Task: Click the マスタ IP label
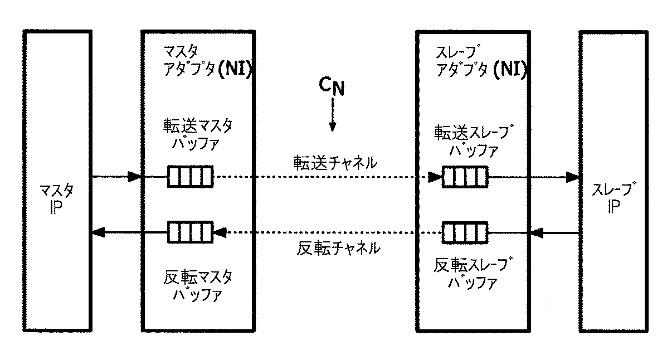pyautogui.click(x=57, y=199)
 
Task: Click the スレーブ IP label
pyautogui.click(x=613, y=199)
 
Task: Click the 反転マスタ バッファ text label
pyautogui.click(x=198, y=285)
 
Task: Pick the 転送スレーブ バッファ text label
pyautogui.click(x=474, y=141)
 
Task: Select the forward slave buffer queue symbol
pyautogui.click(x=465, y=177)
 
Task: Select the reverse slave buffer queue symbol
pyautogui.click(x=465, y=231)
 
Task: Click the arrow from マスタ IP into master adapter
pyautogui.click(x=117, y=177)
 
